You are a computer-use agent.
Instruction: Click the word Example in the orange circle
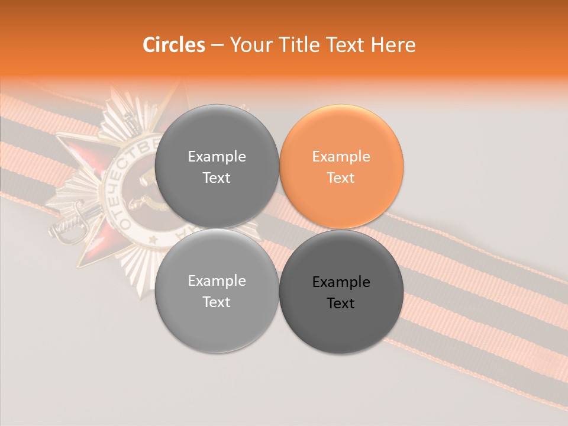[x=341, y=157]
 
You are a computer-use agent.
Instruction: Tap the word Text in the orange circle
[x=341, y=178]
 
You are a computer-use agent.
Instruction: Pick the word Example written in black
[x=341, y=282]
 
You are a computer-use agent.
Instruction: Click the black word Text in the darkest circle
[x=341, y=304]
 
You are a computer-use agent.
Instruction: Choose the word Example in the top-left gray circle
[x=217, y=157]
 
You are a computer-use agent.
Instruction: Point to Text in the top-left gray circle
[x=217, y=178]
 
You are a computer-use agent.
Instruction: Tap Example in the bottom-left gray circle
[x=217, y=281]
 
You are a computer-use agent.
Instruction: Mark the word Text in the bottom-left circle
[x=217, y=302]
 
